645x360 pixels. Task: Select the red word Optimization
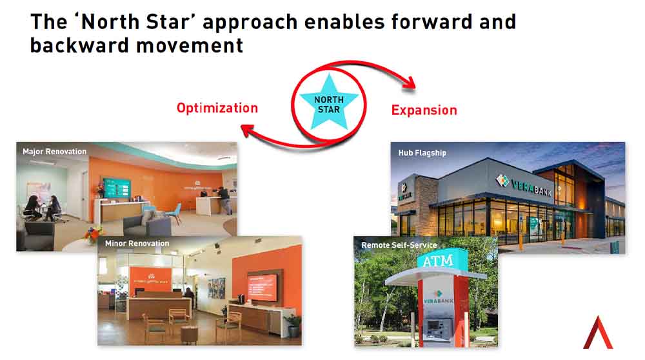tap(217, 108)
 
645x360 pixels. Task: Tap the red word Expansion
tap(424, 110)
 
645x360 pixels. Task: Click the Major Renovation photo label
tap(54, 152)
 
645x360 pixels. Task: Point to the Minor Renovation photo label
tap(137, 244)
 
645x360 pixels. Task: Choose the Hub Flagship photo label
tap(422, 153)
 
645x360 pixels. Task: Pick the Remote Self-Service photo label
tap(399, 245)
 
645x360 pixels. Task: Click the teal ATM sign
tap(437, 261)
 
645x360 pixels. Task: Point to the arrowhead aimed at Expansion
tap(408, 83)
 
